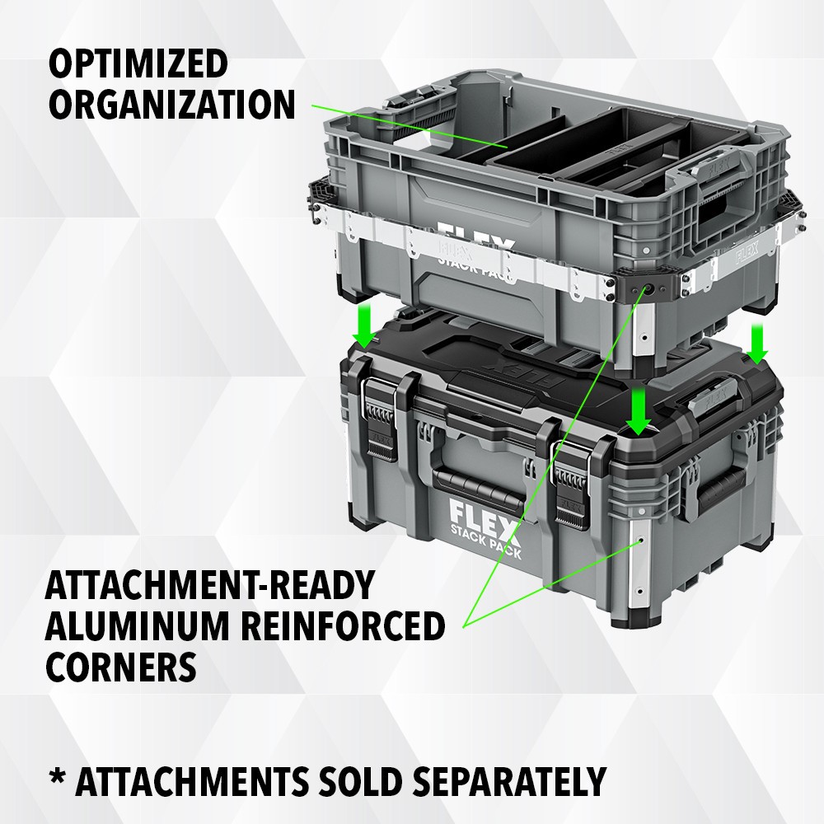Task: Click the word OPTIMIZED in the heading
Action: [138, 64]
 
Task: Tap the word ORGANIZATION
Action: [171, 105]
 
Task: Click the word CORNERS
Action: [120, 666]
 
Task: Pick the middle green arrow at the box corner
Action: [634, 410]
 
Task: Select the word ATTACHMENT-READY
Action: [210, 586]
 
